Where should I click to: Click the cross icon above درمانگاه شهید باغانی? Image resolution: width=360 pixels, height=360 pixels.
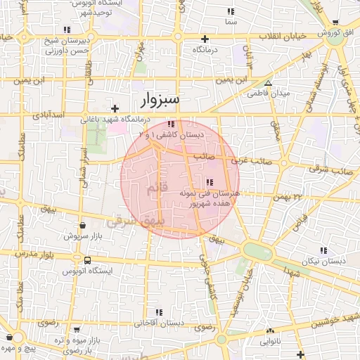115,108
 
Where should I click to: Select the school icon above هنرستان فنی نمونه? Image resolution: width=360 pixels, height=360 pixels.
210,183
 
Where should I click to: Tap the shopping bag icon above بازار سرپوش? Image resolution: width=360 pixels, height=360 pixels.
84,225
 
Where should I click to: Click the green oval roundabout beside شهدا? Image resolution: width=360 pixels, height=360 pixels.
252,250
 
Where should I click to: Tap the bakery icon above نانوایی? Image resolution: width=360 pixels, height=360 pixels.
270,330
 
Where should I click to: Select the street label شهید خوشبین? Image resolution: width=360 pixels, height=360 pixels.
334,321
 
